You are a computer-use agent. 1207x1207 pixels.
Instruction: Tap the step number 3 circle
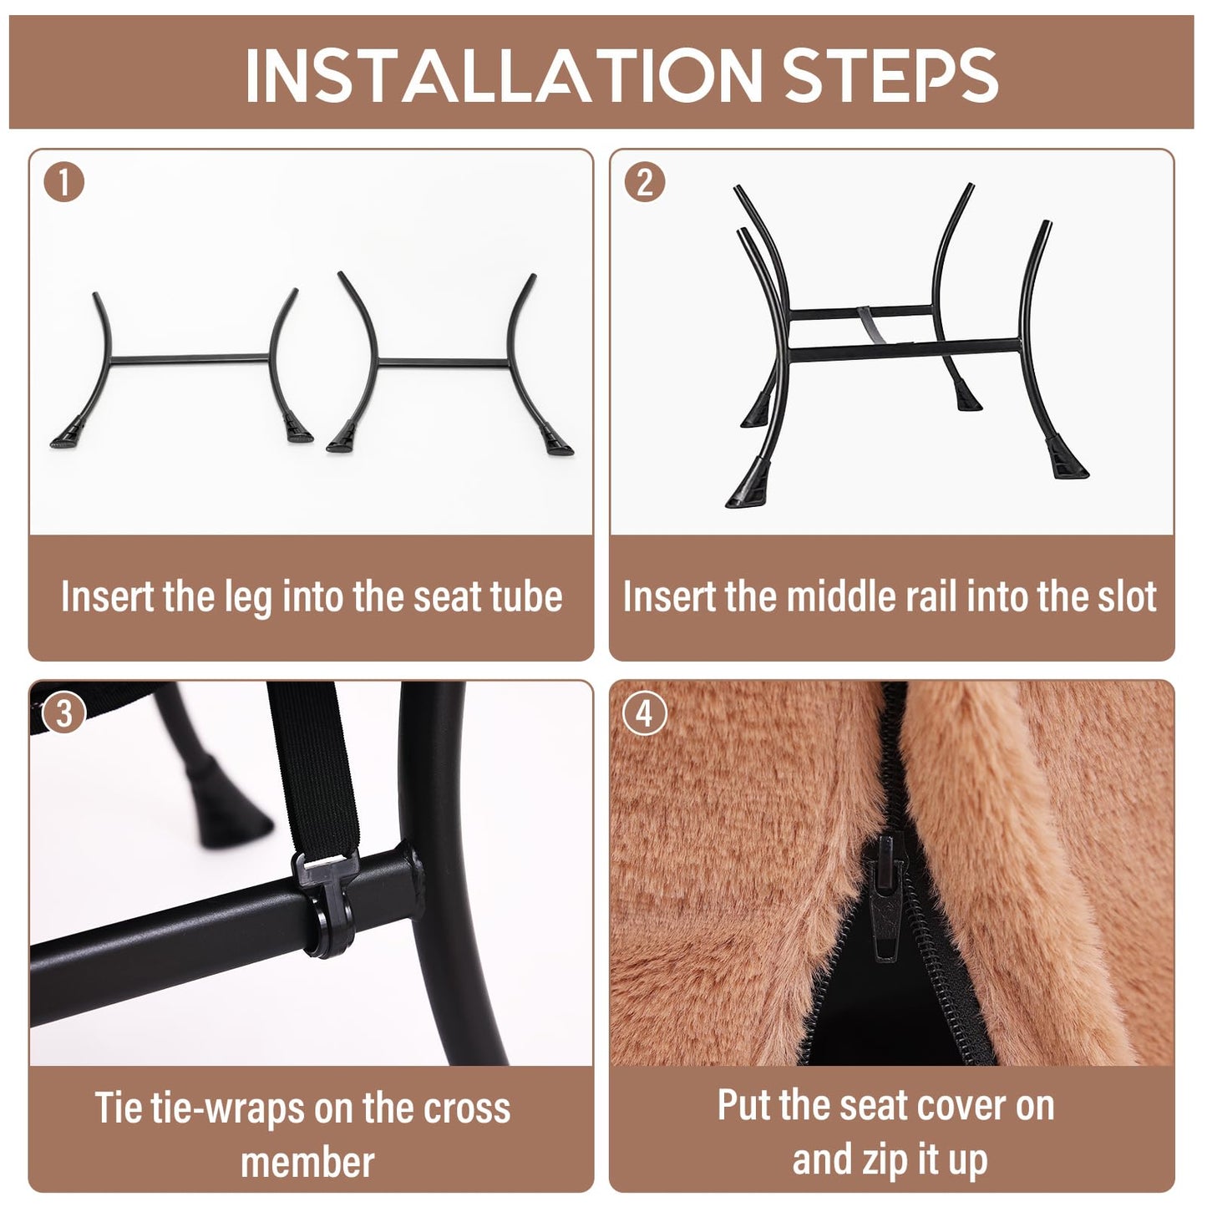click(x=63, y=713)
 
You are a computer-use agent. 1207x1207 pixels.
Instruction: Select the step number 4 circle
click(x=645, y=713)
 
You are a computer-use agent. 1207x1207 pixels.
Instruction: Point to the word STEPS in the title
click(x=890, y=74)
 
